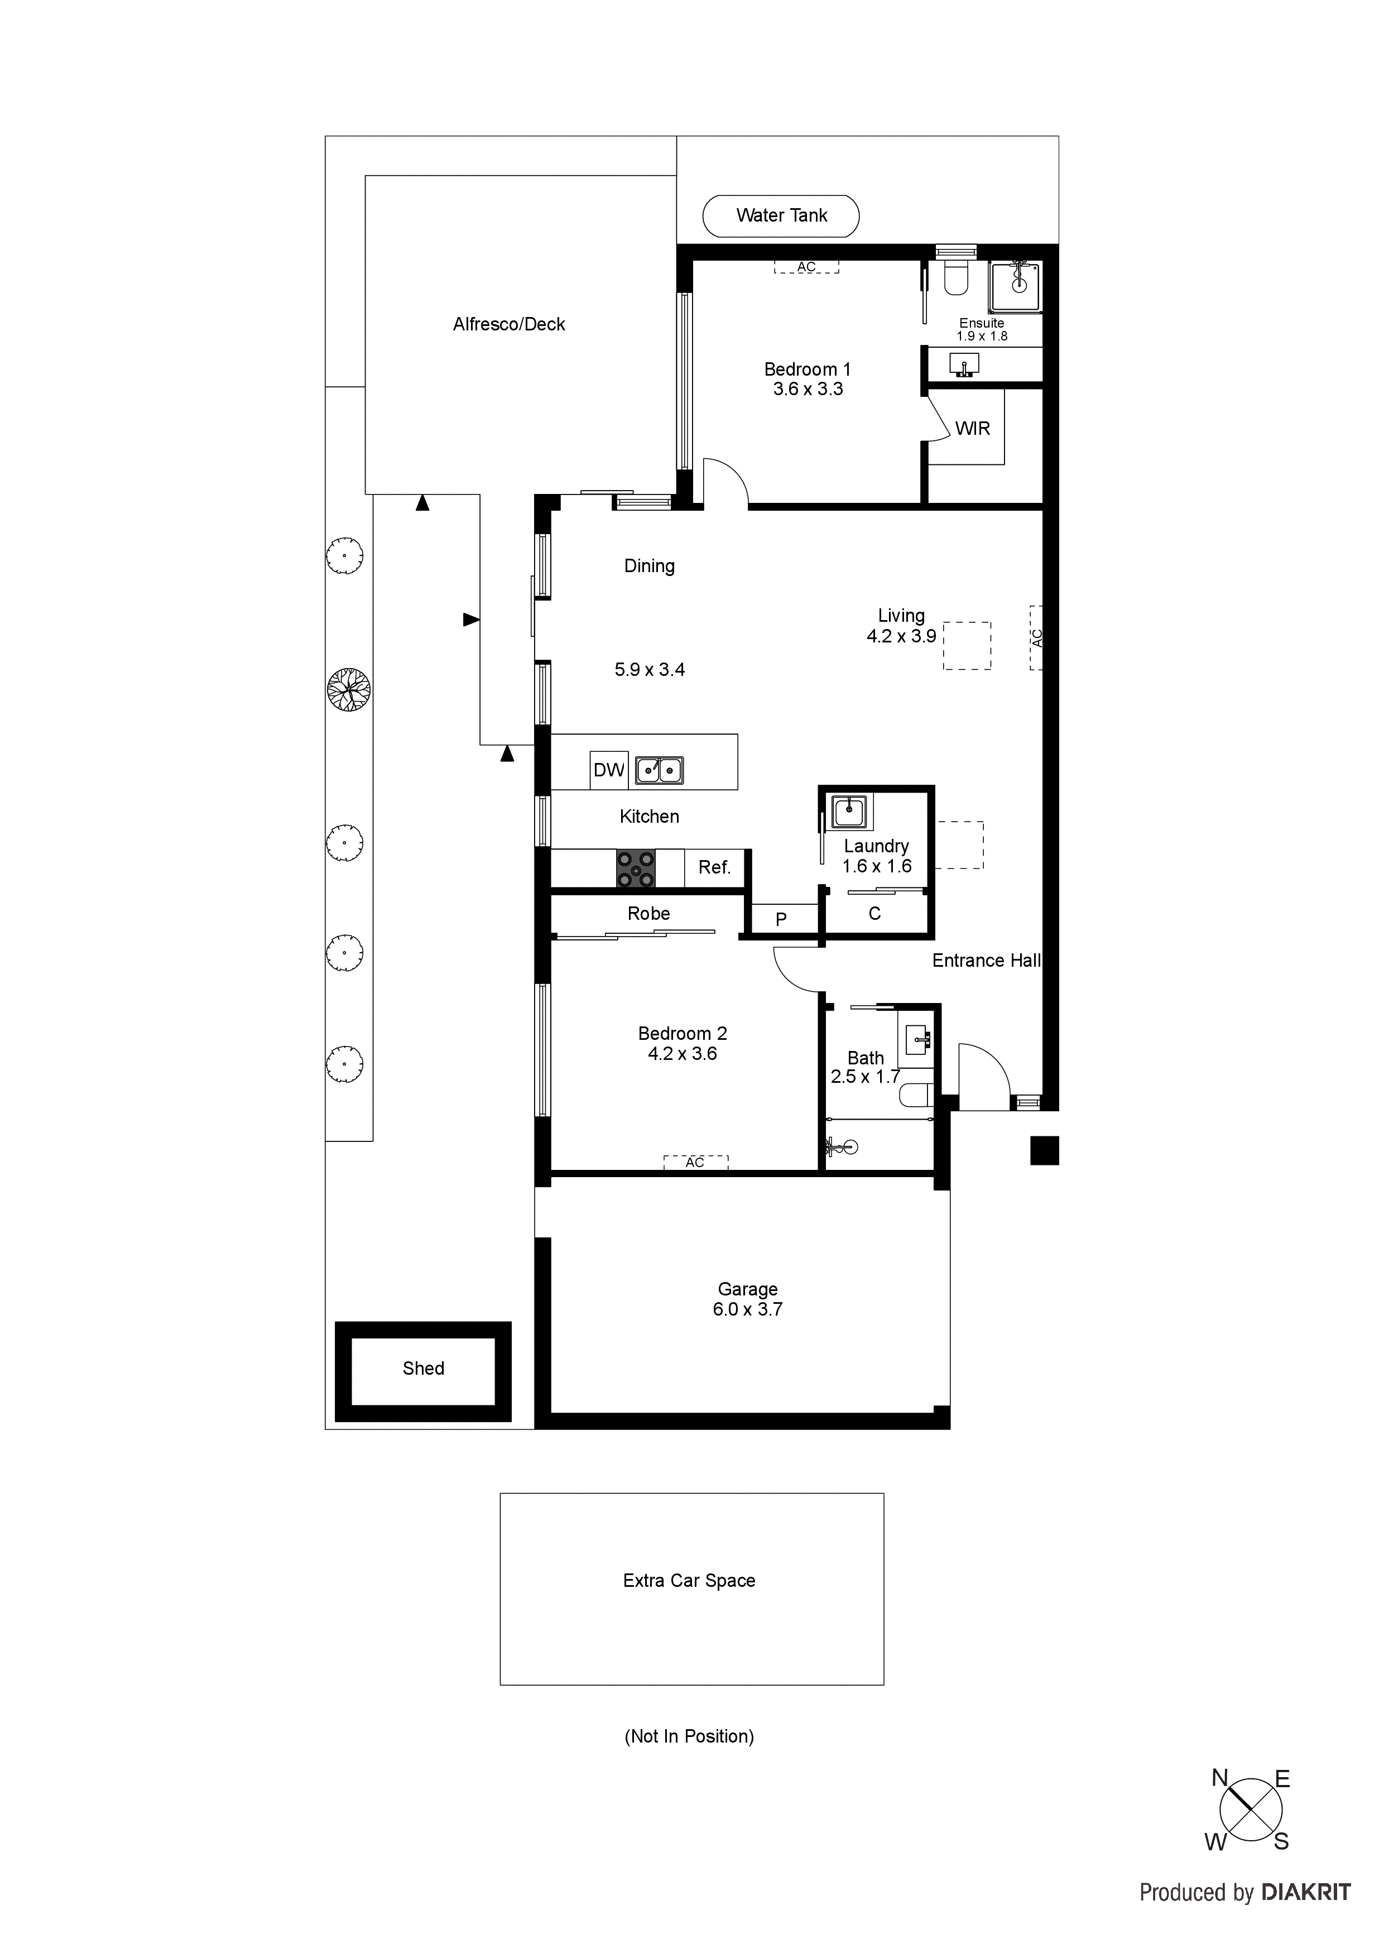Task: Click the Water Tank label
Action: point(781,216)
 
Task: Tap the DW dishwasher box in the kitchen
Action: point(609,770)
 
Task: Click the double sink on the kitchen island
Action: point(659,770)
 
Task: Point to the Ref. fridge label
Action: point(714,868)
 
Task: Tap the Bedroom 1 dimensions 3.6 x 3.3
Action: point(808,390)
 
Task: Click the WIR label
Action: point(972,429)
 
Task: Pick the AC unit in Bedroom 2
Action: point(695,1162)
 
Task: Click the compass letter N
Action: point(1219,1778)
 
